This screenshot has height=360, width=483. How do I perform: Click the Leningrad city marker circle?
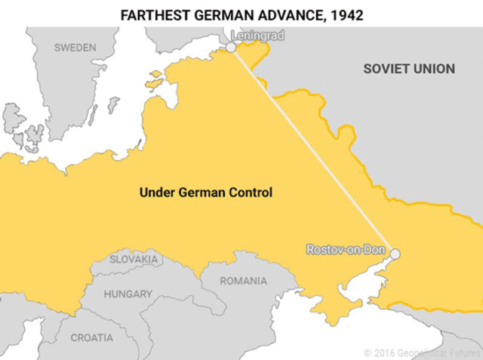[x=231, y=47]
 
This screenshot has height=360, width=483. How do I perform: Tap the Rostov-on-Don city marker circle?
[x=394, y=254]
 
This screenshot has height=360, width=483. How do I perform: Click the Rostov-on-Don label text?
[x=346, y=248]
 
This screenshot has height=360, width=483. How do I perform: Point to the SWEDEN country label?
[x=75, y=48]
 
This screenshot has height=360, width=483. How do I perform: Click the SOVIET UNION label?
[x=409, y=69]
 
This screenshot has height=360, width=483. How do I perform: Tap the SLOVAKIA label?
[x=134, y=259]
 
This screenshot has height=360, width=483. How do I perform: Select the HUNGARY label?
[x=128, y=294]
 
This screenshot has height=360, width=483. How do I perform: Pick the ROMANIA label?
[x=243, y=281]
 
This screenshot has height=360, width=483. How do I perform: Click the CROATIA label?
[x=92, y=337]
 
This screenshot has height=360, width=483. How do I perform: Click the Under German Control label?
[x=206, y=192]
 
